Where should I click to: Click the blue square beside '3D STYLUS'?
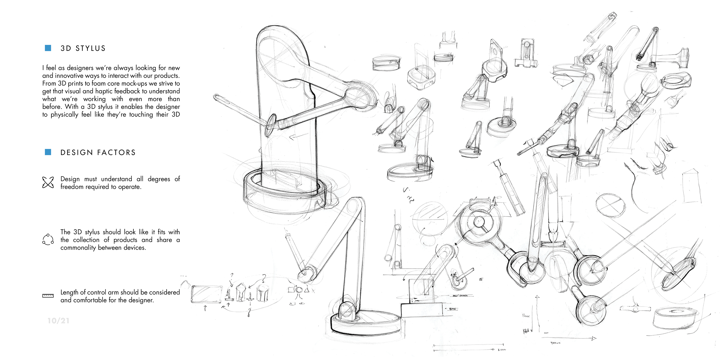coord(48,48)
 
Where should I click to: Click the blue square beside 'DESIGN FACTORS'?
coord(48,152)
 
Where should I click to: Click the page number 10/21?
coord(58,321)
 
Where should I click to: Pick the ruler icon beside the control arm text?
coord(48,296)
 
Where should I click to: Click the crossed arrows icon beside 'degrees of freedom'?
coord(48,183)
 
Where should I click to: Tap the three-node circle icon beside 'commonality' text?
coord(48,240)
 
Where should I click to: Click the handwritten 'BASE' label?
coord(453,309)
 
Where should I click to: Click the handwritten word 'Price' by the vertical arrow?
coord(526,316)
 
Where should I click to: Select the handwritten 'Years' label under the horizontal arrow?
coord(555,343)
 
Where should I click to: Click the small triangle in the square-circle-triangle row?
coord(307,290)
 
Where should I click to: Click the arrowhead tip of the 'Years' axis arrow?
coord(596,338)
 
